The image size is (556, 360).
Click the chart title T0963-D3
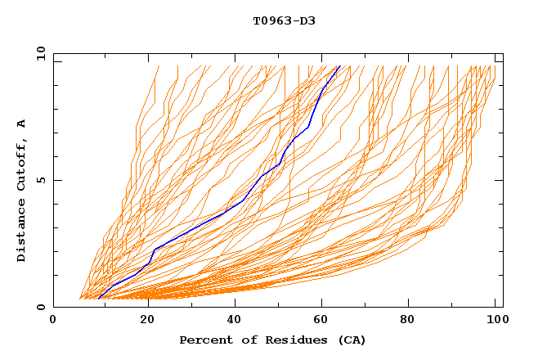point(284,20)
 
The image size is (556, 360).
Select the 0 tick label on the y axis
point(41,307)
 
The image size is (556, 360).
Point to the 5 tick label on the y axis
point(41,180)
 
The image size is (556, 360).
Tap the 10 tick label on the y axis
point(38,53)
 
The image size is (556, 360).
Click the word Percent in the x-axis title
point(204,340)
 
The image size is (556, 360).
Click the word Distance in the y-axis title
point(22,232)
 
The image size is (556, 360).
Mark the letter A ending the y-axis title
point(22,124)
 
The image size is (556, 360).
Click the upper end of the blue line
point(339,66)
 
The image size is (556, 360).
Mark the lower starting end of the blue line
point(99,298)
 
